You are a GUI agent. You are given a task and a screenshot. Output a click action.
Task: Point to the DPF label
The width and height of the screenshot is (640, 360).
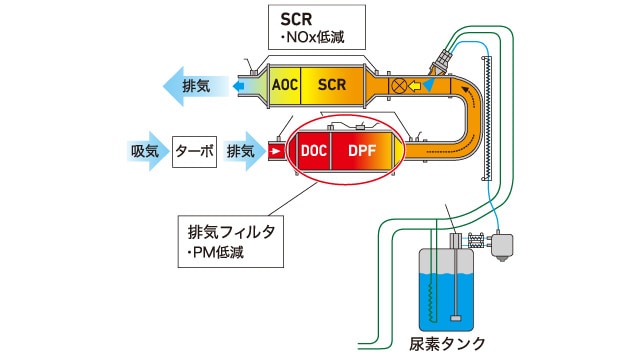[x=365, y=151]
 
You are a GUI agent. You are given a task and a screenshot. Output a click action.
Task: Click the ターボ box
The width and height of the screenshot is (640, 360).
[x=194, y=151]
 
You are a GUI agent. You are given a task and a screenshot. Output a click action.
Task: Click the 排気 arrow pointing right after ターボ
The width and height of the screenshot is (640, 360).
[x=244, y=151]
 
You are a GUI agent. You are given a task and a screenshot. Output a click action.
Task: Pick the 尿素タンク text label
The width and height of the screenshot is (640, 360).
[x=448, y=343]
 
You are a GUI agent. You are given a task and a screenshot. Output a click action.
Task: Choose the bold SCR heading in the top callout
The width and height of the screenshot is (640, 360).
[x=297, y=20]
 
